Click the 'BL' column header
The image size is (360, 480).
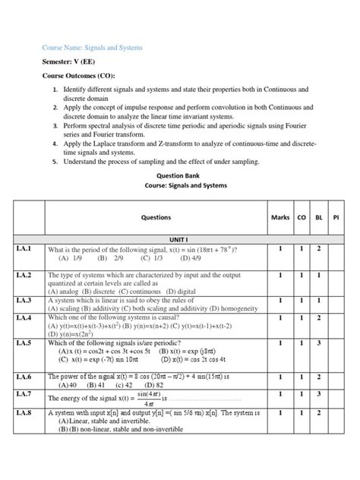320,218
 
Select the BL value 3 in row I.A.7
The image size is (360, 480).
320,393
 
